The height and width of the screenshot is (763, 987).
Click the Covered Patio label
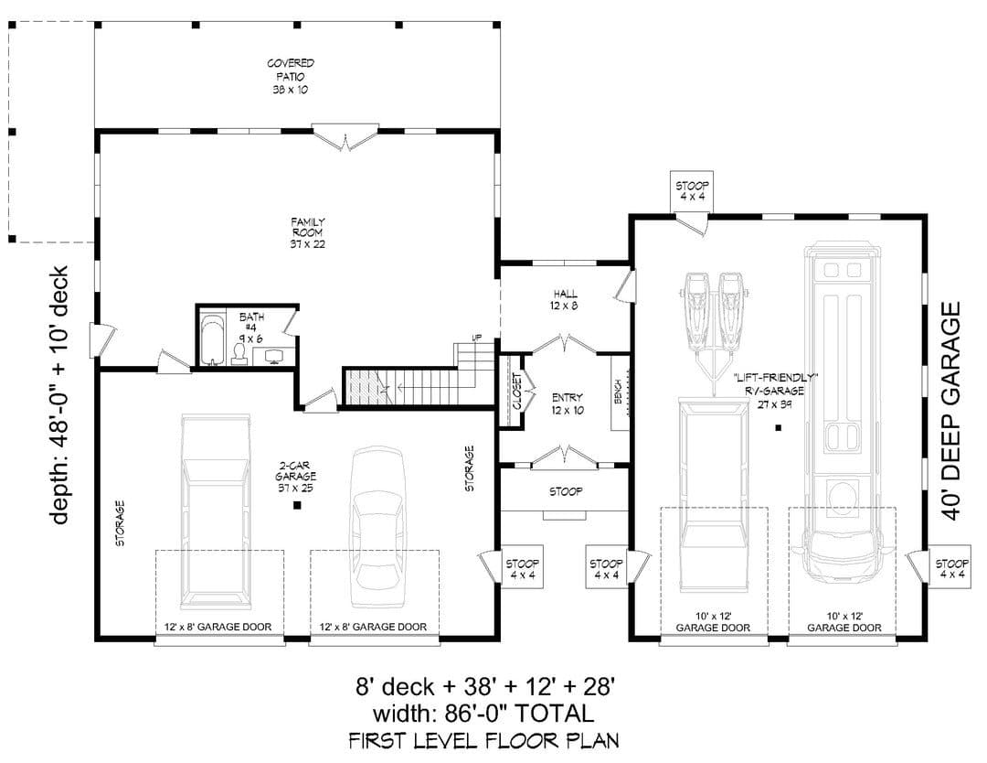click(x=291, y=76)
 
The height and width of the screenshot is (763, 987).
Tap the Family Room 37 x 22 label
click(x=308, y=232)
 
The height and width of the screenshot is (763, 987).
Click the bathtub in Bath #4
click(x=212, y=340)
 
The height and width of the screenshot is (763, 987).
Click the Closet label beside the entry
click(x=516, y=391)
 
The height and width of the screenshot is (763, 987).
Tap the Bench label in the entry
click(x=618, y=392)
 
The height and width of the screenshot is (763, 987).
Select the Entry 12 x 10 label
click(x=568, y=403)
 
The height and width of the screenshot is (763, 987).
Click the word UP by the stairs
click(x=476, y=338)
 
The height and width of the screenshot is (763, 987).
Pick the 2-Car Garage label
click(x=295, y=477)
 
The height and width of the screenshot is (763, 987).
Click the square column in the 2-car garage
click(x=297, y=505)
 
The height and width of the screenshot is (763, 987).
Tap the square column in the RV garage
click(x=778, y=428)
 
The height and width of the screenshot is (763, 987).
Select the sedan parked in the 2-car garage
click(x=377, y=527)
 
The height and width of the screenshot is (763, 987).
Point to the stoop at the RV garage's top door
click(x=692, y=191)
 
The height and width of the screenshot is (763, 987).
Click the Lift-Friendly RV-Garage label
click(x=775, y=390)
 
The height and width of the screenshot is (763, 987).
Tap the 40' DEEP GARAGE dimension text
click(x=951, y=411)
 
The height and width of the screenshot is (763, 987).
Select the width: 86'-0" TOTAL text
click(x=483, y=714)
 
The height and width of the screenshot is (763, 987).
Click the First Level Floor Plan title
click(x=483, y=740)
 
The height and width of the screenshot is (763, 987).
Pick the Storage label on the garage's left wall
click(x=120, y=523)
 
